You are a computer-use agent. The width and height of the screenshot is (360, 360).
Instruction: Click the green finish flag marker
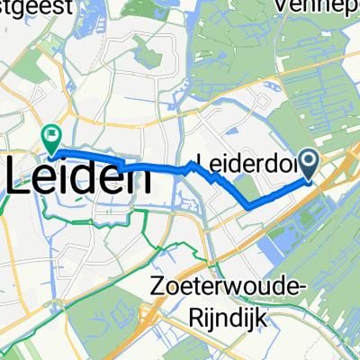click(x=49, y=138)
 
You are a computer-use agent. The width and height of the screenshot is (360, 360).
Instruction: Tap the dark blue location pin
click(x=308, y=163)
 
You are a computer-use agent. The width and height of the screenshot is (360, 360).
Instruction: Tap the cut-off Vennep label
click(x=334, y=6)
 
